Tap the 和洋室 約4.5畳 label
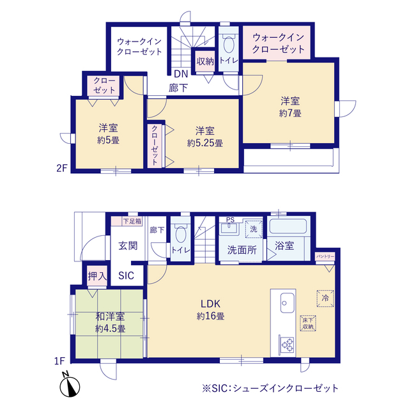(x=110, y=323)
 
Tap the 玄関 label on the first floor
(x=128, y=245)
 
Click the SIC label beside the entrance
(x=127, y=275)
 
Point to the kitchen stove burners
(x=285, y=344)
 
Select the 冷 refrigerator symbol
(x=324, y=298)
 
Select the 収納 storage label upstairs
(x=204, y=61)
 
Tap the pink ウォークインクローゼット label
(x=277, y=43)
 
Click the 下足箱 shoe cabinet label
(x=132, y=221)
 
